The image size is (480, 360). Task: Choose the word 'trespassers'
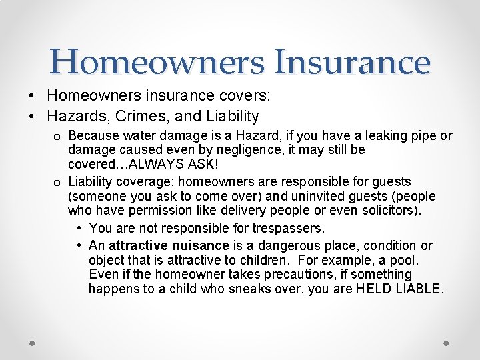pyautogui.click(x=289, y=229)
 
